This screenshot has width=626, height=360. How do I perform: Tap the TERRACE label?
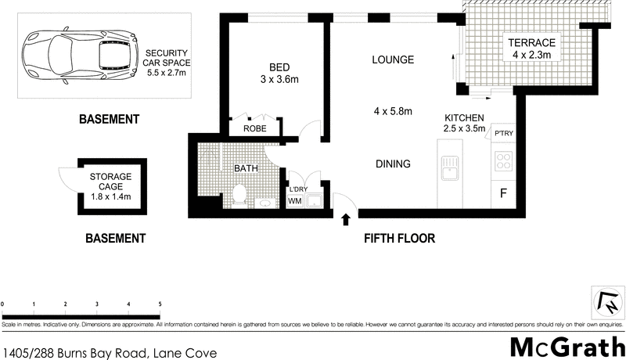(534, 42)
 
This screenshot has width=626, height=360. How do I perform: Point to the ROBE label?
(254, 128)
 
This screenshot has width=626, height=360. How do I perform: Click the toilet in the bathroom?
(241, 194)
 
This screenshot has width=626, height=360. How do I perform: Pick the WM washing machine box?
(295, 201)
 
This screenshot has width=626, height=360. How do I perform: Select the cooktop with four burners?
(502, 163)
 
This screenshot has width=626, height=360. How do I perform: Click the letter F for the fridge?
(502, 193)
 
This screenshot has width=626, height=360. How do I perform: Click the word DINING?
(393, 164)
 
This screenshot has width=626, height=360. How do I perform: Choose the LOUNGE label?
(393, 59)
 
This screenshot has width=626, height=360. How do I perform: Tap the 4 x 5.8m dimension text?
(393, 111)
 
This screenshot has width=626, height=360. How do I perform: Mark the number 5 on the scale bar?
(160, 304)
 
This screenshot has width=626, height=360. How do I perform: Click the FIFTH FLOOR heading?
(399, 238)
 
